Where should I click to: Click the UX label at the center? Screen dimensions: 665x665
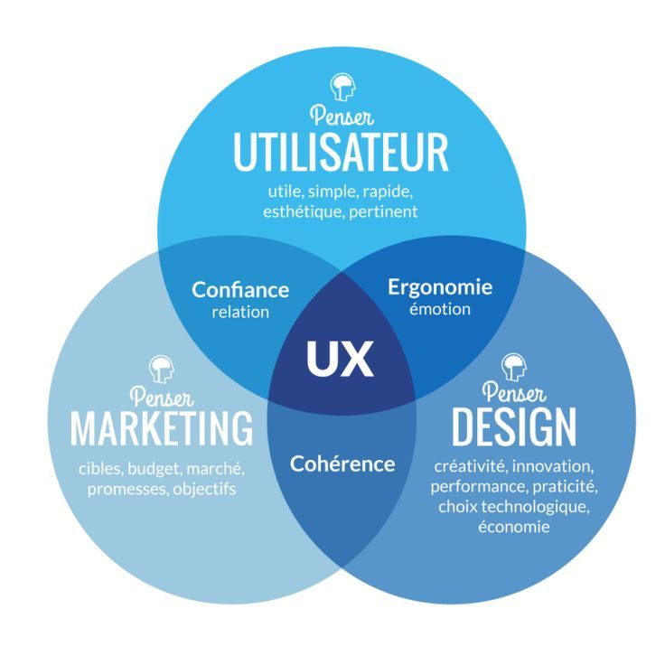click(x=340, y=360)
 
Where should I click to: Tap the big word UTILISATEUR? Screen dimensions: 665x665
click(x=341, y=153)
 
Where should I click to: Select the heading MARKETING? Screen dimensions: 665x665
click(x=162, y=427)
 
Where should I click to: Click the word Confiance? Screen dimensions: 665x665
click(x=240, y=290)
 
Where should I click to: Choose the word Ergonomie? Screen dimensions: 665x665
click(x=440, y=287)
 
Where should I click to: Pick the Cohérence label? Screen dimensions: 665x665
click(x=342, y=464)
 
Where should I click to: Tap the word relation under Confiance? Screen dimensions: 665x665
click(x=240, y=312)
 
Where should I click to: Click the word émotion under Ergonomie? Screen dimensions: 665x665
click(x=440, y=309)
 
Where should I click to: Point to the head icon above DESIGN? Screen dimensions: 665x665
click(x=513, y=366)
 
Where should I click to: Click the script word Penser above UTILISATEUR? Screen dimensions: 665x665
click(x=342, y=116)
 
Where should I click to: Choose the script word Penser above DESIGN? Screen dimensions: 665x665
click(x=513, y=394)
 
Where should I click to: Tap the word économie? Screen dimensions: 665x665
click(x=513, y=526)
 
